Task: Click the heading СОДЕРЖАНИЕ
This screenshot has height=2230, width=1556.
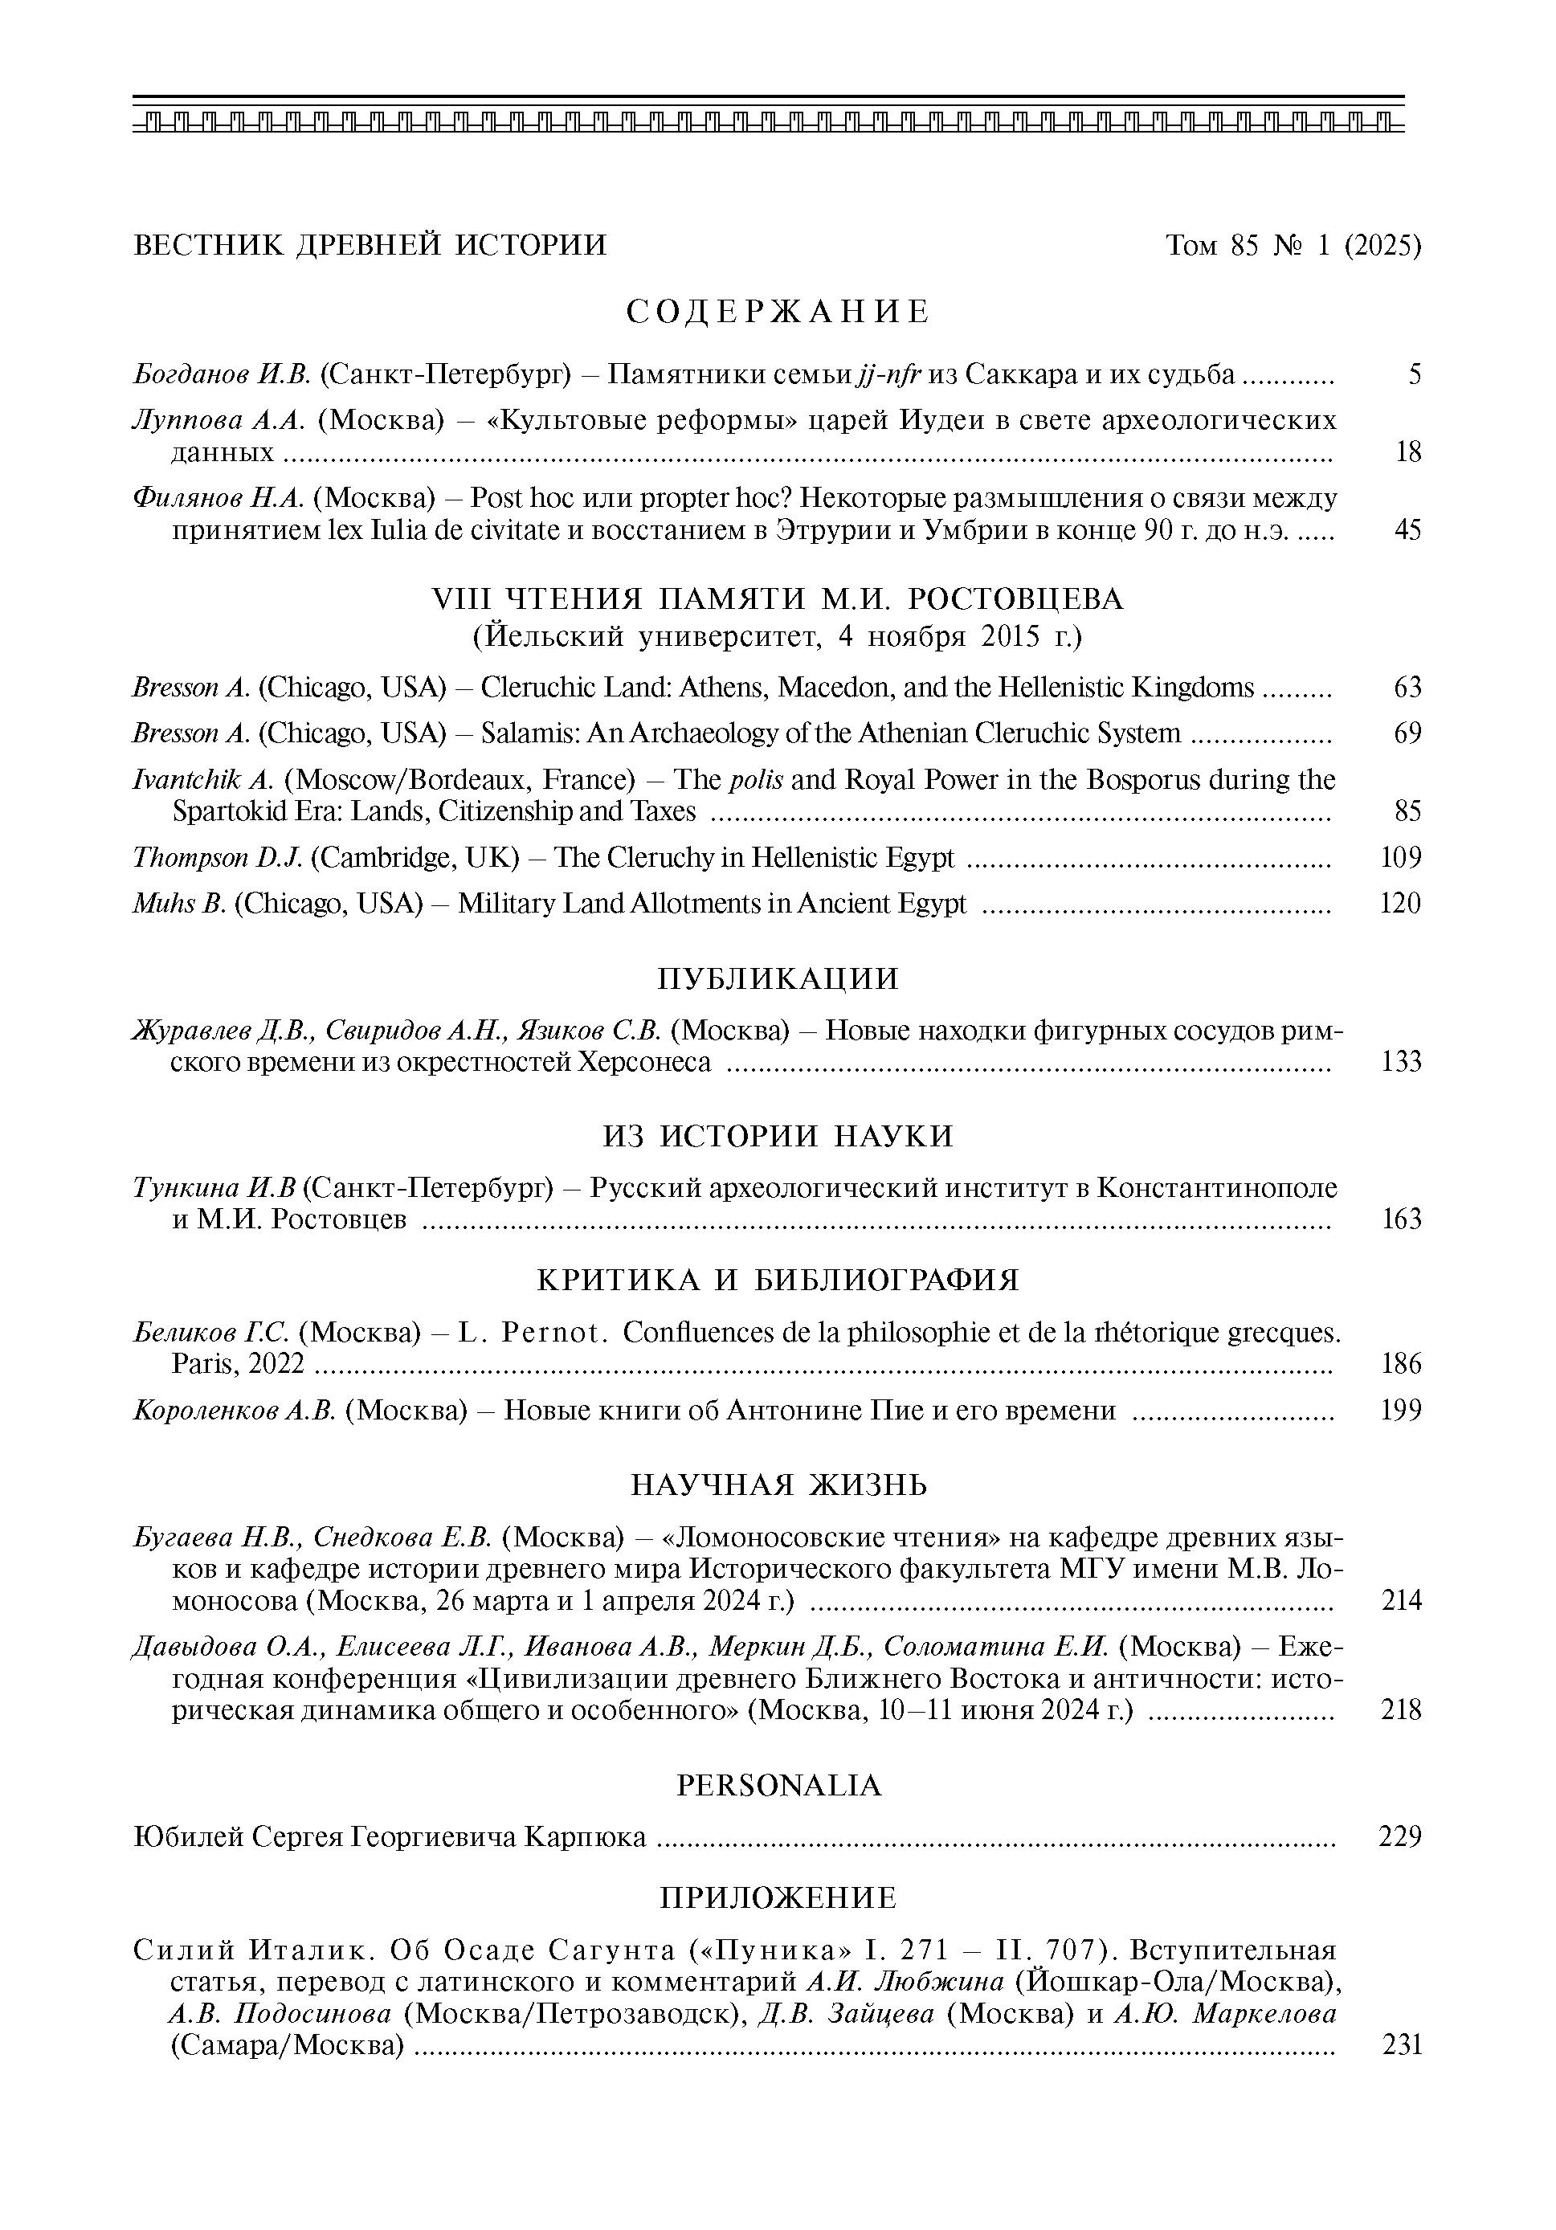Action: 778,312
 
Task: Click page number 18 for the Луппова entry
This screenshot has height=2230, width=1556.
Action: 1407,451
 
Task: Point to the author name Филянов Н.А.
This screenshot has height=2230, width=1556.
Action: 219,498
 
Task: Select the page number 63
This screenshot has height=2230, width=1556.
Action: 1407,688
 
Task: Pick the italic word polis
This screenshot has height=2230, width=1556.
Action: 756,780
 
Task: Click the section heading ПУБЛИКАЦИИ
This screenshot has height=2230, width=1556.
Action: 778,978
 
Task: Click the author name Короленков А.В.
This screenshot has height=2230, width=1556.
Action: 234,1411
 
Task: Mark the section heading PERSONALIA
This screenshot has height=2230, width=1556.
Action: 778,1785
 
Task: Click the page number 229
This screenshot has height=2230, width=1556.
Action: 1399,1836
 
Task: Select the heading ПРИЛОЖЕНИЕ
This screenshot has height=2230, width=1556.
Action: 778,1898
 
